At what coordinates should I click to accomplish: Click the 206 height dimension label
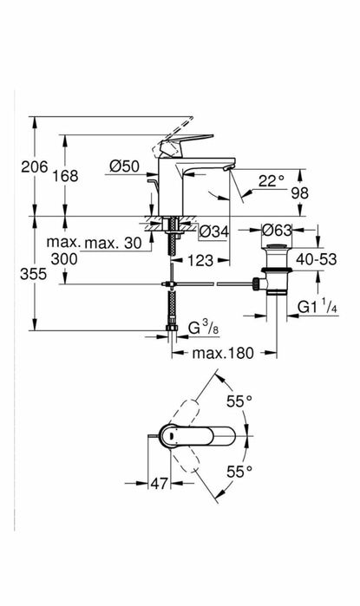[35, 167]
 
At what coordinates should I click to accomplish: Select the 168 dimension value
[64, 176]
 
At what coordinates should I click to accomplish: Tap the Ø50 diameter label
[124, 166]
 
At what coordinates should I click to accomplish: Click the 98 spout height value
[300, 192]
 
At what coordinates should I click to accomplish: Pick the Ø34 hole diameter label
[214, 231]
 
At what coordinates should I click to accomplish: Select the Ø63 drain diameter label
[277, 231]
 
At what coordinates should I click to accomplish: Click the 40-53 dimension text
[317, 259]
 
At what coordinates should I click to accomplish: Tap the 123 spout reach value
[200, 260]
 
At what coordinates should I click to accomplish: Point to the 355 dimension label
[33, 274]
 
